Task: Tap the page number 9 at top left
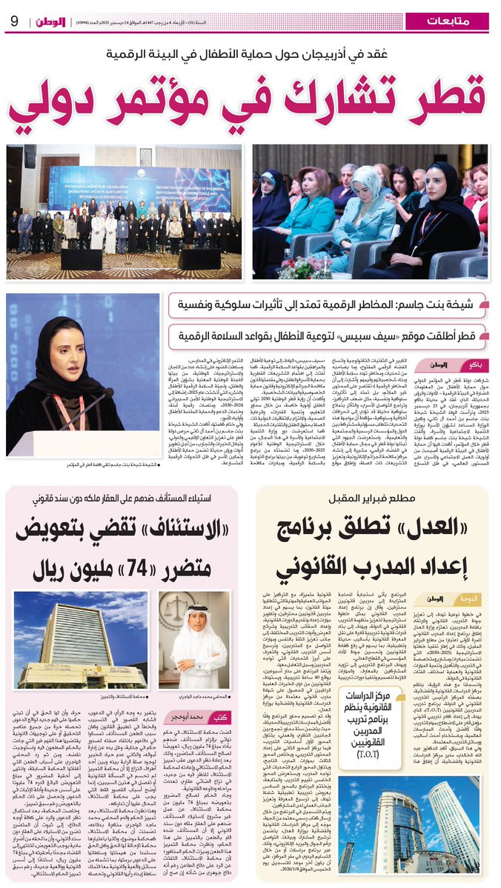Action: (15, 20)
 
